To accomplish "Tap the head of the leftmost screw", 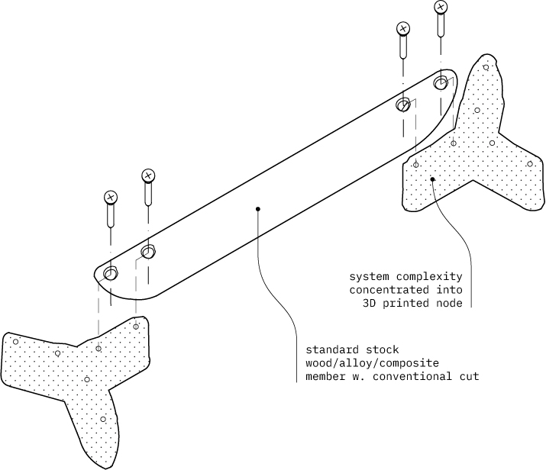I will tap(111, 198).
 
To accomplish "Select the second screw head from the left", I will tap(148, 176).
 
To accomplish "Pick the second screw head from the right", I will tap(403, 30).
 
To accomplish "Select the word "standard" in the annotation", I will tap(330, 349).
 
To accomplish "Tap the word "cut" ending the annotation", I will tap(469, 376).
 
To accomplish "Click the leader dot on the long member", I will tap(258, 208).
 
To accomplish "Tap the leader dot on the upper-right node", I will tap(432, 179).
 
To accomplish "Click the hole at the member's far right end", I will tap(441, 81).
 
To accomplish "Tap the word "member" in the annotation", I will tap(324, 376).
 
